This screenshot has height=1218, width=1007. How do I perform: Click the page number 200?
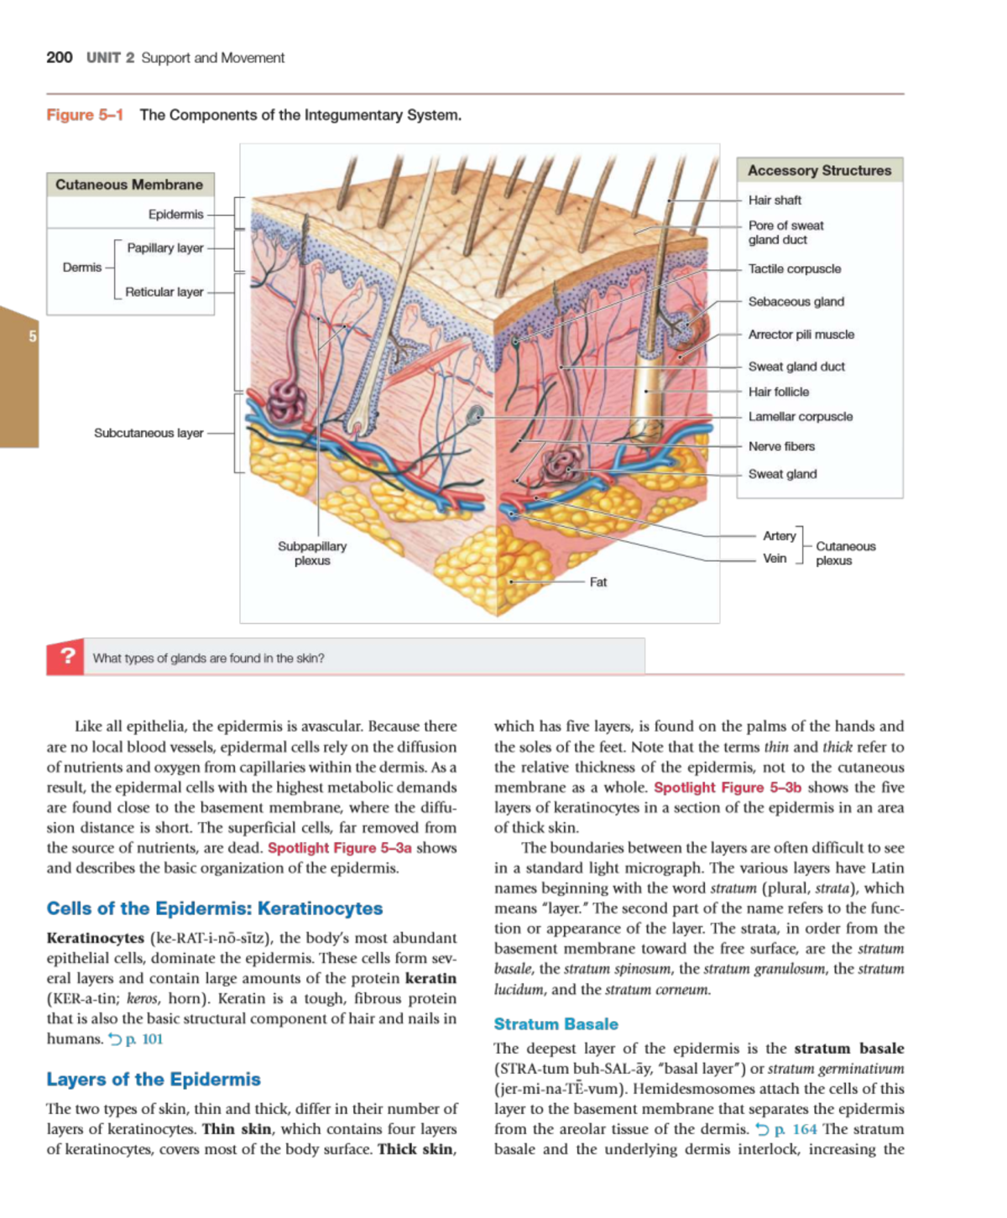(x=59, y=57)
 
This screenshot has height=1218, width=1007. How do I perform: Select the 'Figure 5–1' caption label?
(x=85, y=115)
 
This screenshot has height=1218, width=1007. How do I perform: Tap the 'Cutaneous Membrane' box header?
(x=129, y=185)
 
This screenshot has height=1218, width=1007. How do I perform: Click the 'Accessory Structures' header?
(x=819, y=170)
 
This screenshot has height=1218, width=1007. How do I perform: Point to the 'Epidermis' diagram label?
(x=175, y=215)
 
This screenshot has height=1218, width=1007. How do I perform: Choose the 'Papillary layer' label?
(x=165, y=248)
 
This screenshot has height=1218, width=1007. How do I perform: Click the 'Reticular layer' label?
(x=164, y=292)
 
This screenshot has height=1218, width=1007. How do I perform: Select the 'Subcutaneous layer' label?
(x=149, y=433)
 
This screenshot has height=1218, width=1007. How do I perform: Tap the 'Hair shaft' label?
(x=775, y=200)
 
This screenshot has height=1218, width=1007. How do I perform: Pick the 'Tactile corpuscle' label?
(x=794, y=269)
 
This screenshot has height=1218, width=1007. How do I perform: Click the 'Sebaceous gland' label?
(x=796, y=302)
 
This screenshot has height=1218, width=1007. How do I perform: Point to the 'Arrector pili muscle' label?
(x=801, y=335)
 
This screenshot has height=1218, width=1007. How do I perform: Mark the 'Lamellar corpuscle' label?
(x=800, y=417)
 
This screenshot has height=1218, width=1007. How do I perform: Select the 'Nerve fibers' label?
(x=781, y=447)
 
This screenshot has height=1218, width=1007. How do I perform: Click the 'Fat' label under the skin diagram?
(x=597, y=582)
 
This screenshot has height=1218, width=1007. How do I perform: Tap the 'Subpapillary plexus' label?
(x=312, y=553)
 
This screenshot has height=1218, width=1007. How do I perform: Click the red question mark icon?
(x=66, y=657)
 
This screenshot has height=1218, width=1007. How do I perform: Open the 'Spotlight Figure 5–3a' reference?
(x=340, y=848)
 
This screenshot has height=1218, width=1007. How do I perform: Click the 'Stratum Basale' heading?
(x=556, y=1024)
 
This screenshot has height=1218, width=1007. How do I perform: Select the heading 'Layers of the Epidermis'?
(x=154, y=1080)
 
